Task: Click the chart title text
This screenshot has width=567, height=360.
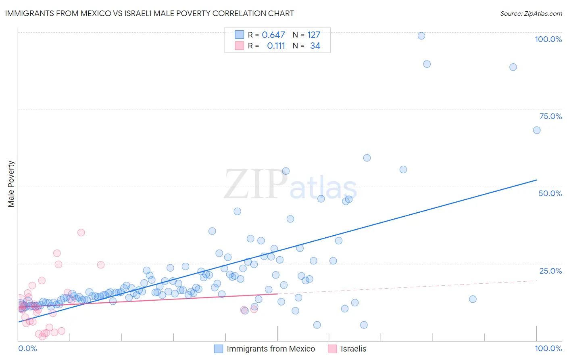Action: tap(149, 13)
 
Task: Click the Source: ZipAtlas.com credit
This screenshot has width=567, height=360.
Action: tap(531, 13)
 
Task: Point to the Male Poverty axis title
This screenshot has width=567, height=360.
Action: tap(11, 184)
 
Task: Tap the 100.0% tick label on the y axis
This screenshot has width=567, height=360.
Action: tap(548, 39)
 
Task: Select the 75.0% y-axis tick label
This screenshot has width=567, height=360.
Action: tap(550, 116)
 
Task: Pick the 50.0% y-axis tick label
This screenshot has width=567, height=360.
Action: tap(550, 193)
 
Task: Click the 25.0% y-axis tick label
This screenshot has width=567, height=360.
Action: tap(550, 271)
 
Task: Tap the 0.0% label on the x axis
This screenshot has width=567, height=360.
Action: tap(27, 348)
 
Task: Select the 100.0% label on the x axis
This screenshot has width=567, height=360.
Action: tap(548, 348)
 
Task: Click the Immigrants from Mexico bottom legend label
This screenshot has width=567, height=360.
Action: tap(271, 349)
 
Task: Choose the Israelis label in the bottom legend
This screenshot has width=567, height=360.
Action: tap(353, 349)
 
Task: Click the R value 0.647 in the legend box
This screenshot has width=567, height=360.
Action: tap(273, 35)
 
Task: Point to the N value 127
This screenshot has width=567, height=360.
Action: tap(314, 35)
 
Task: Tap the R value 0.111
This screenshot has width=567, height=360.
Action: tap(276, 46)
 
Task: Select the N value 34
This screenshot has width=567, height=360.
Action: tap(315, 46)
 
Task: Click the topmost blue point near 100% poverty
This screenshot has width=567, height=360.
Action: tap(421, 36)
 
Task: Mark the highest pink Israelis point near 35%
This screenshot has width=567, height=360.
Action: tap(81, 232)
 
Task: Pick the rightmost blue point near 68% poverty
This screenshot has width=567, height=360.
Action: tap(537, 130)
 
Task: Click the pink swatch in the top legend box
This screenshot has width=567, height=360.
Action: tap(240, 46)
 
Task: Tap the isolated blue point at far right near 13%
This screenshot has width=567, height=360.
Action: tap(473, 299)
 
